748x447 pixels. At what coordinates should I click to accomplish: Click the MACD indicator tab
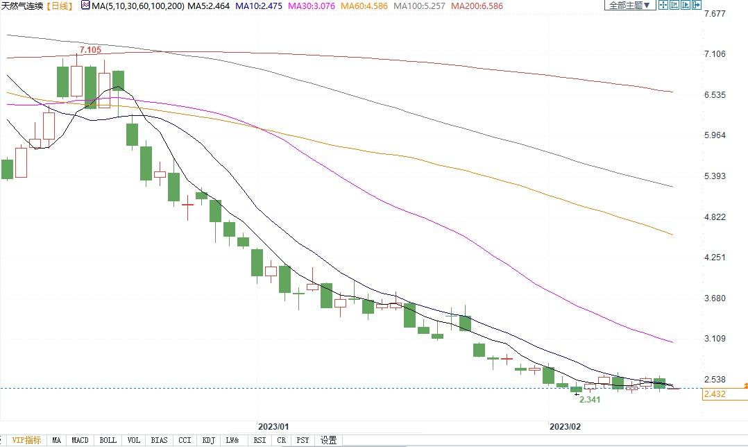[x=80, y=440]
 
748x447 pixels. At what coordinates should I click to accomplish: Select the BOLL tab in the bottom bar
[x=108, y=440]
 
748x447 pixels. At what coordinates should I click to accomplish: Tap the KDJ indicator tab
[x=207, y=440]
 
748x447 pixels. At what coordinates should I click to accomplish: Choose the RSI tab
[x=260, y=440]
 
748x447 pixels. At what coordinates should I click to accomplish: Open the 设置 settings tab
[x=328, y=440]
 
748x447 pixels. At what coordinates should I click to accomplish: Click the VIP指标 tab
[x=26, y=440]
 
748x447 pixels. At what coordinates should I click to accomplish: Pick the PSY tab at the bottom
[x=303, y=440]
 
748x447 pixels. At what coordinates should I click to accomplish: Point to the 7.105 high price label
[x=91, y=51]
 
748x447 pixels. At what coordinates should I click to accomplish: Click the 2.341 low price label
[x=589, y=400]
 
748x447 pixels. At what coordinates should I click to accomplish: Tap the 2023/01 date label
[x=273, y=425]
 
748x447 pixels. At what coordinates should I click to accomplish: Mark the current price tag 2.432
[x=714, y=394]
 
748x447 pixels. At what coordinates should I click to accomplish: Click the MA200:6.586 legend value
[x=479, y=6]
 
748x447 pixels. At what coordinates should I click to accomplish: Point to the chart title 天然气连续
[x=22, y=6]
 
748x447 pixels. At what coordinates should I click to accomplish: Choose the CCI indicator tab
[x=185, y=440]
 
